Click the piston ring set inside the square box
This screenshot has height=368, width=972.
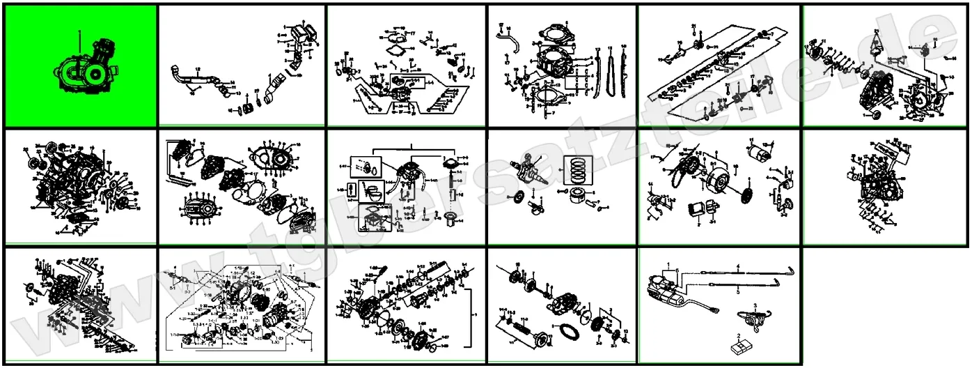point(584,169)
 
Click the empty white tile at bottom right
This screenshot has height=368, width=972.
point(886,307)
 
